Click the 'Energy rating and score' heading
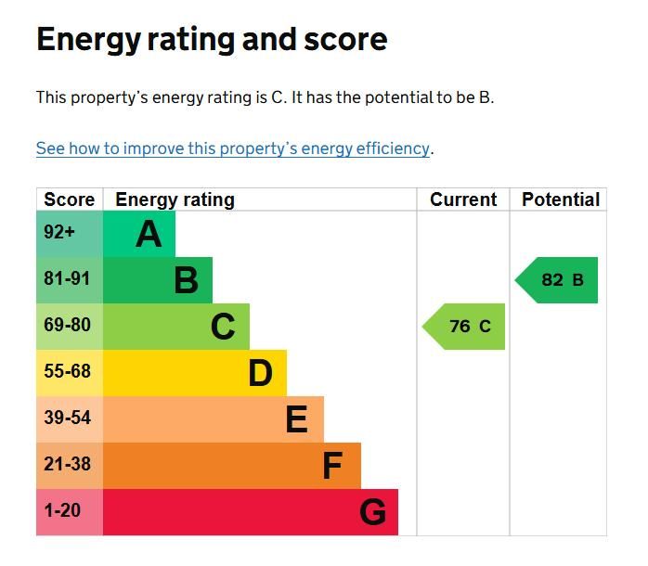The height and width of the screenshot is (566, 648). coord(212,40)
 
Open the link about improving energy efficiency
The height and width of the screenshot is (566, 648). coord(233,148)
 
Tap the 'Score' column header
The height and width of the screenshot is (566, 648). coord(70,199)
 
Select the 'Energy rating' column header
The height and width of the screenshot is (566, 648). coord(175,199)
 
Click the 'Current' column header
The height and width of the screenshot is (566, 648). coord(463,199)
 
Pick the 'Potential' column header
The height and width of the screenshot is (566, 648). coord(560,199)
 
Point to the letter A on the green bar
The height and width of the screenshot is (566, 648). coord(149,235)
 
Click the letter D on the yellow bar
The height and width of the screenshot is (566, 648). coord(260,373)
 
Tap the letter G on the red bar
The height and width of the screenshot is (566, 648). coord(372,512)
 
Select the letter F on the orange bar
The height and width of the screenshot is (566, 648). coord(332,466)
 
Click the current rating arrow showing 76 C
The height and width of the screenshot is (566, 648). coord(467,327)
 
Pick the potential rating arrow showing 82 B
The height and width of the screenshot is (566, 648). coord(560,280)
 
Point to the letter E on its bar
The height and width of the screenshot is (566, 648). coord(296,420)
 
